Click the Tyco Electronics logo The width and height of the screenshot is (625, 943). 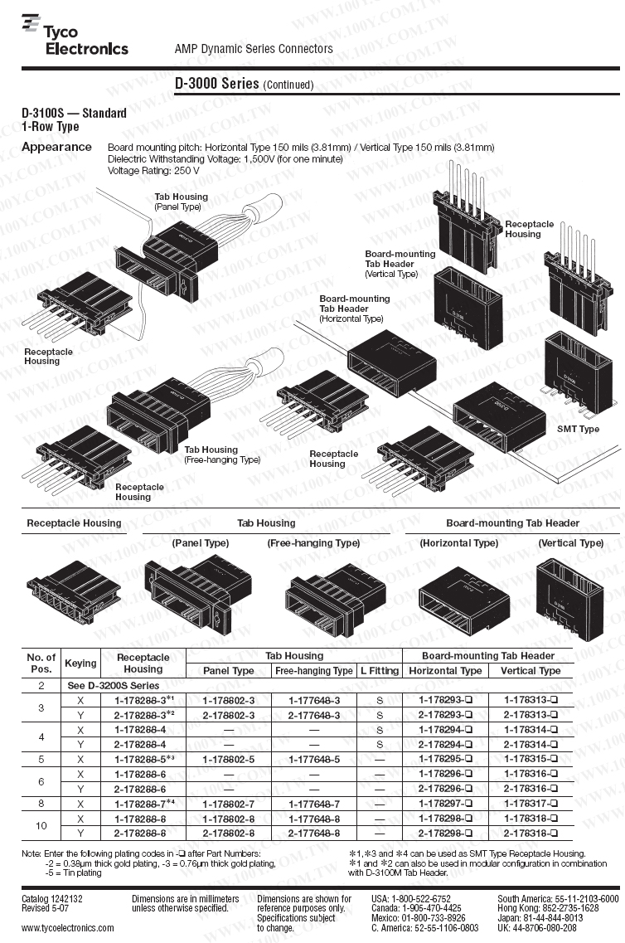coord(75,39)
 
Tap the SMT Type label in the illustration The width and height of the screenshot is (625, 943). coord(578,429)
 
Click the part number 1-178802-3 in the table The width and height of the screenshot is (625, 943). coord(229,700)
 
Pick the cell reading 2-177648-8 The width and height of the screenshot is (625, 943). coord(314,833)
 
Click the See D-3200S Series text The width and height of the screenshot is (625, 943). coord(112,686)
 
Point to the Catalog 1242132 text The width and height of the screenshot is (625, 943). coord(52,899)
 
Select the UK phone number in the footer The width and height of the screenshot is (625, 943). coord(540,928)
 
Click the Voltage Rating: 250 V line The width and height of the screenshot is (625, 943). coord(153,170)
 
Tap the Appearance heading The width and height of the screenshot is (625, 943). coord(56,148)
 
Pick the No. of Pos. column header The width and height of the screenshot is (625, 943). coord(41,663)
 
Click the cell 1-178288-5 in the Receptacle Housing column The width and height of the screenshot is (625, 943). coord(143,759)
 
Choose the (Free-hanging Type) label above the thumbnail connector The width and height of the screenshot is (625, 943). coord(313,543)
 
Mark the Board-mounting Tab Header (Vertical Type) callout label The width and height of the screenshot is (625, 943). coord(400,264)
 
